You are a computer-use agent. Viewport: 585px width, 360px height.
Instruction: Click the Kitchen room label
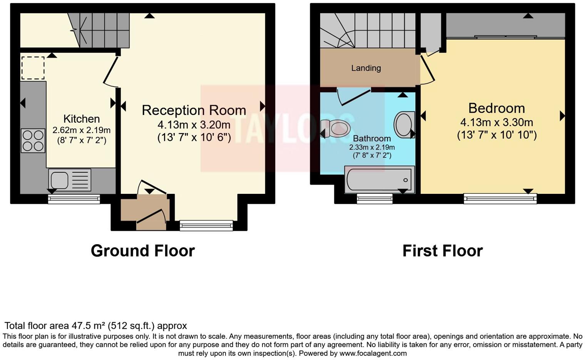[x=81, y=119]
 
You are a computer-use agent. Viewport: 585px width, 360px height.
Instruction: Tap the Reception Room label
[x=194, y=110]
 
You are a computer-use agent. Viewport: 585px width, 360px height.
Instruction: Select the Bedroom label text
[x=496, y=108]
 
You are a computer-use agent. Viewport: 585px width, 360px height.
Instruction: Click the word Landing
[x=366, y=68]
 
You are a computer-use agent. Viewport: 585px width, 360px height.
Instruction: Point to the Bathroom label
[x=371, y=138]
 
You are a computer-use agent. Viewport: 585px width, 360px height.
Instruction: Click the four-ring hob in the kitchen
[x=33, y=140]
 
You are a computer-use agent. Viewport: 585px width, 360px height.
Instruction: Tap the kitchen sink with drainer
[x=70, y=180]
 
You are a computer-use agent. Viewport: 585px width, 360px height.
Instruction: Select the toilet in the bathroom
[x=336, y=128]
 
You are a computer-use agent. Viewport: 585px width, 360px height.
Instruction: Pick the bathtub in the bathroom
[x=379, y=180]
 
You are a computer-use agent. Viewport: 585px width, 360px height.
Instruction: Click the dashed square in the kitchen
[x=33, y=68]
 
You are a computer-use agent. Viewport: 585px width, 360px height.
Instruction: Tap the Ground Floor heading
[x=142, y=251]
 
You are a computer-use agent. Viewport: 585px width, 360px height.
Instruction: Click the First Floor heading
[x=442, y=251]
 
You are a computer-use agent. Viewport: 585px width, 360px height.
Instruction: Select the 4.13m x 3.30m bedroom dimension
[x=496, y=122]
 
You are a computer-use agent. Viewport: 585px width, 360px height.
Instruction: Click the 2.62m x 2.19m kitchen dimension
[x=81, y=130]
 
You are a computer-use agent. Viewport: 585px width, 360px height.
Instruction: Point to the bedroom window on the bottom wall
[x=500, y=198]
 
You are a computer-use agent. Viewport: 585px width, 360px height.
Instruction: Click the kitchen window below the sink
[x=74, y=199]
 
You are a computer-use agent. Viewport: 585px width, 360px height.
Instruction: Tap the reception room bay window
[x=206, y=225]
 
